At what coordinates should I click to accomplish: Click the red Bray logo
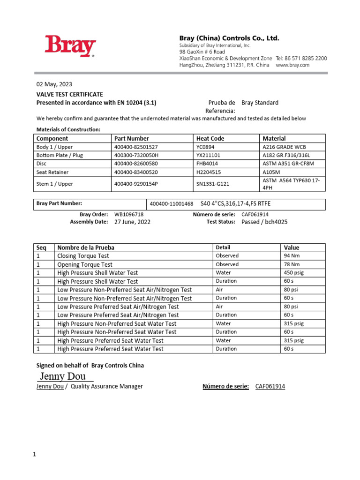70,47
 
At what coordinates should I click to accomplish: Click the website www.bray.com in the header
292,65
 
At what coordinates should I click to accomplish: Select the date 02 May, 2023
54,84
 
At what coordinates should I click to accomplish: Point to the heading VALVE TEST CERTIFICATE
70,94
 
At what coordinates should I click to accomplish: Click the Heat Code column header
210,138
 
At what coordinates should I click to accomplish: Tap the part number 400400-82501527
136,147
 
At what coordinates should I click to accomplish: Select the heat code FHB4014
207,164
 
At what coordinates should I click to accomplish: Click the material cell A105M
273,172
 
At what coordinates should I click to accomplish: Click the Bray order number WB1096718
129,214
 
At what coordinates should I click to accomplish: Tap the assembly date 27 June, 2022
132,222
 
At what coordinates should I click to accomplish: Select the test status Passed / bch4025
264,222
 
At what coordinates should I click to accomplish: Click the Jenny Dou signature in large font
63,376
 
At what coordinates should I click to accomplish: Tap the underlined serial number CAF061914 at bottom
270,386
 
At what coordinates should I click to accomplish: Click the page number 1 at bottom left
34,454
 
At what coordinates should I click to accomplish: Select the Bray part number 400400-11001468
171,204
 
